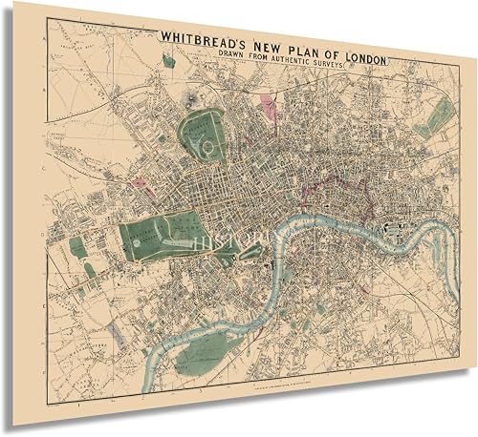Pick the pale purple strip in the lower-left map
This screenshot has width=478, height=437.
coord(116,331)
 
